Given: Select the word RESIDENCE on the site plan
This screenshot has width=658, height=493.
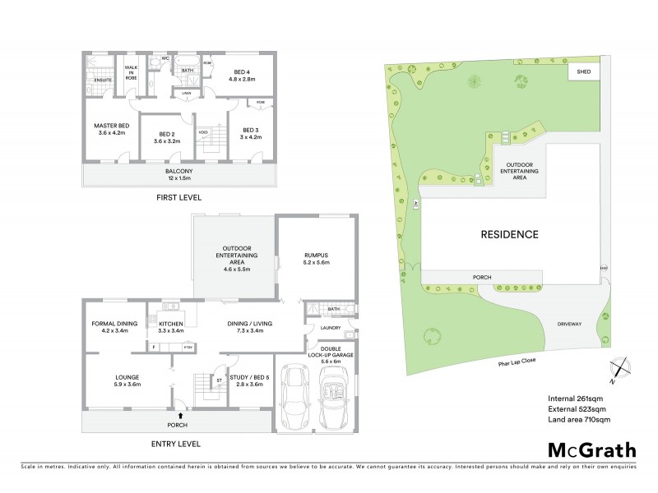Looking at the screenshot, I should pos(508,234).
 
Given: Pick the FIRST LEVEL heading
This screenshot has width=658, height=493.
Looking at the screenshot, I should pos(178,198).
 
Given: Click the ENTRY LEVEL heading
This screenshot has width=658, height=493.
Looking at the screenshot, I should pos(177,445).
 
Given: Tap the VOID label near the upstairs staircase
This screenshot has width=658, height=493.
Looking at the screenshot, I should pos(202,132).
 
